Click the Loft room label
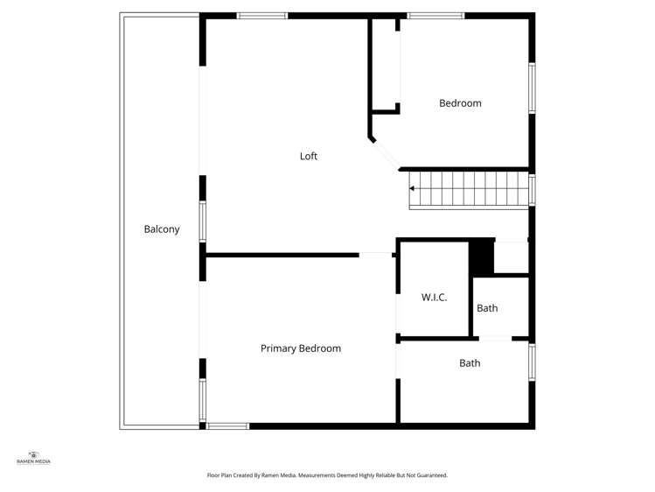[309, 157]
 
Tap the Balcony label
[162, 229]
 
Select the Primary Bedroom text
[301, 348]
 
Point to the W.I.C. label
[434, 297]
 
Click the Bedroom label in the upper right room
[460, 103]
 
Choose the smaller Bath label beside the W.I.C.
[487, 308]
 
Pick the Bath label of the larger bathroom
[470, 363]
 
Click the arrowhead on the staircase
[412, 188]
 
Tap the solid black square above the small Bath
[482, 257]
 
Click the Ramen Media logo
[33, 458]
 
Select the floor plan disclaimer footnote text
[327, 475]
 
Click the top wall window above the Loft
[262, 16]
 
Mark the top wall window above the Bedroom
[436, 16]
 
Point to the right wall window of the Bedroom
[533, 88]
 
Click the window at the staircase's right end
[533, 190]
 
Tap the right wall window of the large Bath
[533, 362]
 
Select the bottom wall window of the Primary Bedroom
[227, 426]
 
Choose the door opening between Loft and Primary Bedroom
[375, 255]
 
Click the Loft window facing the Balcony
[203, 221]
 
